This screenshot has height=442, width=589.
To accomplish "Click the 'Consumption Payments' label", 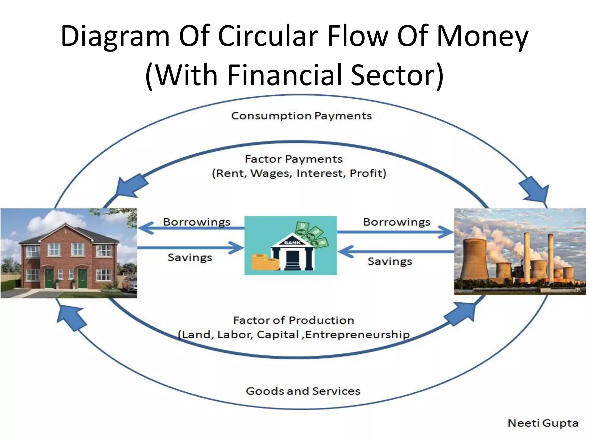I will pyautogui.click(x=301, y=116).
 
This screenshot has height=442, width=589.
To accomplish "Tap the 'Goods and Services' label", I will pyautogui.click(x=303, y=391).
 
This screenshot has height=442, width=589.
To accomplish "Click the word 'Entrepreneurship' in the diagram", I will pyautogui.click(x=357, y=335).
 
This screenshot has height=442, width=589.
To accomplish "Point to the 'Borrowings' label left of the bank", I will pyautogui.click(x=197, y=222).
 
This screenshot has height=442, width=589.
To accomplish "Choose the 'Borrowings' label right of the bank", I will pyautogui.click(x=397, y=222).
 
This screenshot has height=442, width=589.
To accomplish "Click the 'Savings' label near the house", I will pyautogui.click(x=190, y=257).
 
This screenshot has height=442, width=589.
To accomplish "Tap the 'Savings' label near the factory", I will pyautogui.click(x=390, y=261).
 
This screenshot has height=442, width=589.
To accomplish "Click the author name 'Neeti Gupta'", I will pyautogui.click(x=543, y=423).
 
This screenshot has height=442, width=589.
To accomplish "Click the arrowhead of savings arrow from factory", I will pyautogui.click(x=345, y=252).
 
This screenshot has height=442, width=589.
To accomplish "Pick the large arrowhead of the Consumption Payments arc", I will pyautogui.click(x=536, y=190).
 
